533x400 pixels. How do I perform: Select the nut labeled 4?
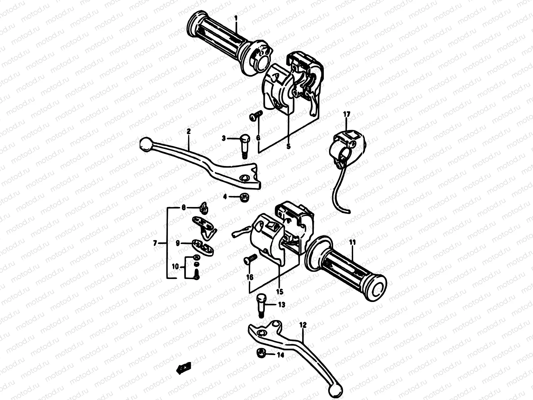[244, 197]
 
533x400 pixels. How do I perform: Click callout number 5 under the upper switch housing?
[288, 146]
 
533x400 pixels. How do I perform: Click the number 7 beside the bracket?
[155, 244]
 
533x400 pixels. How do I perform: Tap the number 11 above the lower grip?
[353, 242]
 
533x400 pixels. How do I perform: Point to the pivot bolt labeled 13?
[261, 304]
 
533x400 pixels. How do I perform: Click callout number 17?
[346, 114]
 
